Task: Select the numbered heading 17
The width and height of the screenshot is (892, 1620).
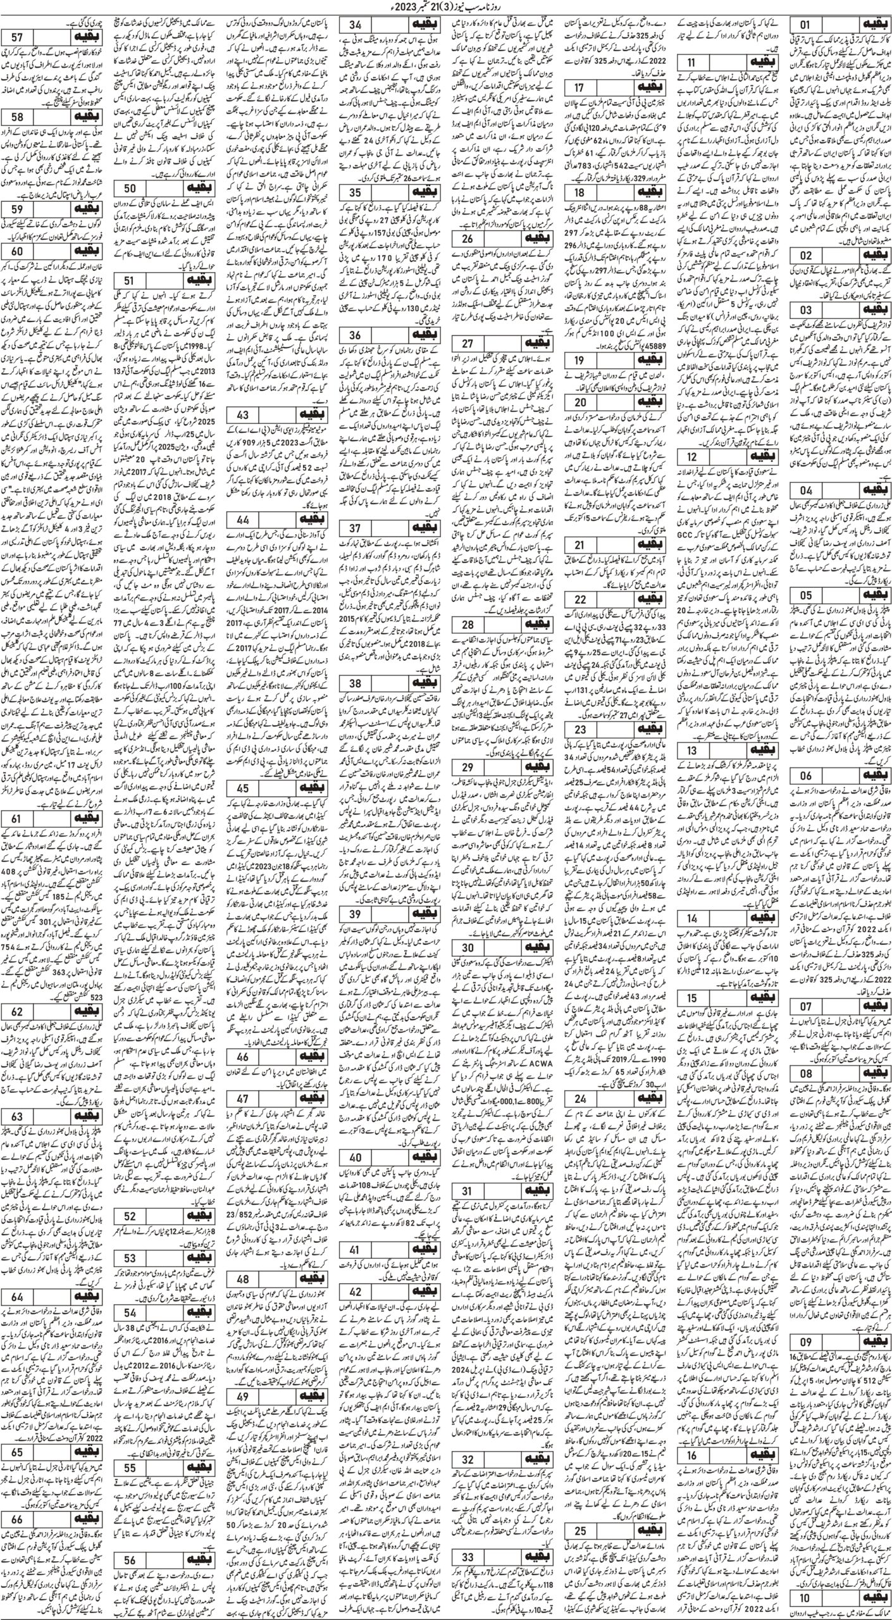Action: [x=579, y=87]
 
